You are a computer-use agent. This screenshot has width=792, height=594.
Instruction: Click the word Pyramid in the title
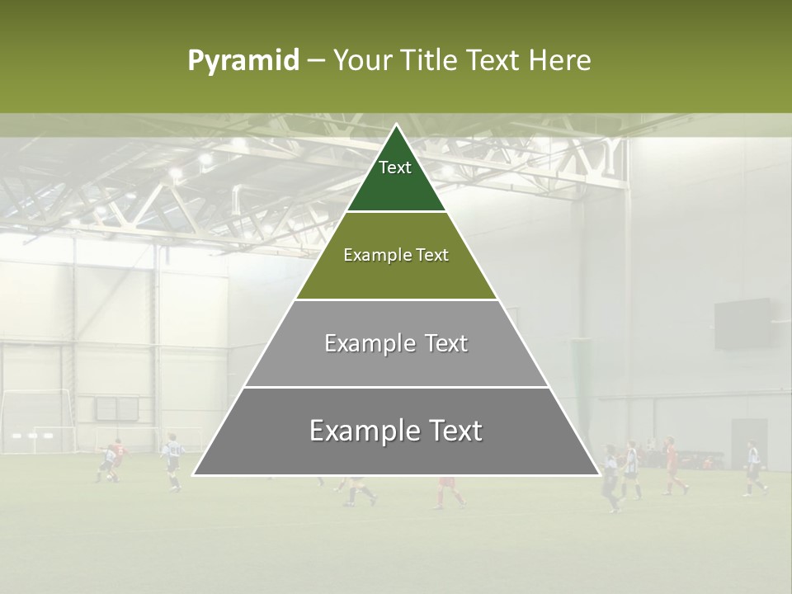click(243, 61)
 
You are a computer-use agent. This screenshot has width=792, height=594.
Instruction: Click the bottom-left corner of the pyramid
click(195, 474)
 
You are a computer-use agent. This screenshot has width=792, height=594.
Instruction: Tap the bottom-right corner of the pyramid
click(598, 474)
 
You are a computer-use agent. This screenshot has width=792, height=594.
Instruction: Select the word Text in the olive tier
click(431, 255)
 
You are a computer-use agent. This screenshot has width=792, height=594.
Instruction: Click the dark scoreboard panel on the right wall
click(742, 323)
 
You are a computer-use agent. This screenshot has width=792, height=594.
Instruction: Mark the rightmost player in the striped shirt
click(752, 469)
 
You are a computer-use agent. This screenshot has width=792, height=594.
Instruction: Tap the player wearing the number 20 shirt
click(173, 460)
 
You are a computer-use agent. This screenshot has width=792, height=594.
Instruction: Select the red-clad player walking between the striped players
click(672, 467)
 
